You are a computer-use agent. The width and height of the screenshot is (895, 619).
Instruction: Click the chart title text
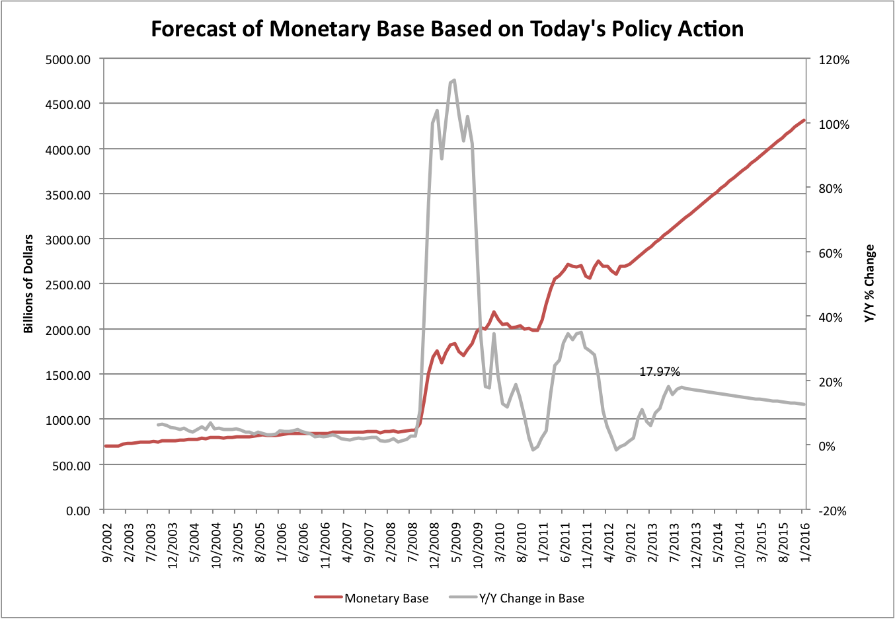point(447,29)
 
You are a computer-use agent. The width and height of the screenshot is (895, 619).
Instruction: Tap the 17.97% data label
point(660,372)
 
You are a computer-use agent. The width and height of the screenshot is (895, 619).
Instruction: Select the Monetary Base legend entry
point(386,599)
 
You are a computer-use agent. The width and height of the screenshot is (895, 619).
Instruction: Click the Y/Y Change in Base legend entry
point(531,599)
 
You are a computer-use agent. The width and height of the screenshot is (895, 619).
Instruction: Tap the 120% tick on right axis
point(834,59)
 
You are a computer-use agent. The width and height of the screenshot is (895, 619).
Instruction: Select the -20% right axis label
point(832,511)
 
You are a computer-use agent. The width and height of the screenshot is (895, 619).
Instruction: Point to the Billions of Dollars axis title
point(28,283)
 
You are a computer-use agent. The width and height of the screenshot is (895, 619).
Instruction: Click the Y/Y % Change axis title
point(870,283)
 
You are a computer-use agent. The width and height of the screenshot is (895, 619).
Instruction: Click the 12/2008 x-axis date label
point(432,547)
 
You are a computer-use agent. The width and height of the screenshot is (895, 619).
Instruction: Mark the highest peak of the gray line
point(454,80)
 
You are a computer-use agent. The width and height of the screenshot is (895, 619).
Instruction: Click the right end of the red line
point(804,120)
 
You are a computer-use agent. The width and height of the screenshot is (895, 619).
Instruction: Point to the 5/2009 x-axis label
point(454,545)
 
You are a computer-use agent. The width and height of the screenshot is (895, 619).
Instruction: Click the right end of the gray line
point(804,404)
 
